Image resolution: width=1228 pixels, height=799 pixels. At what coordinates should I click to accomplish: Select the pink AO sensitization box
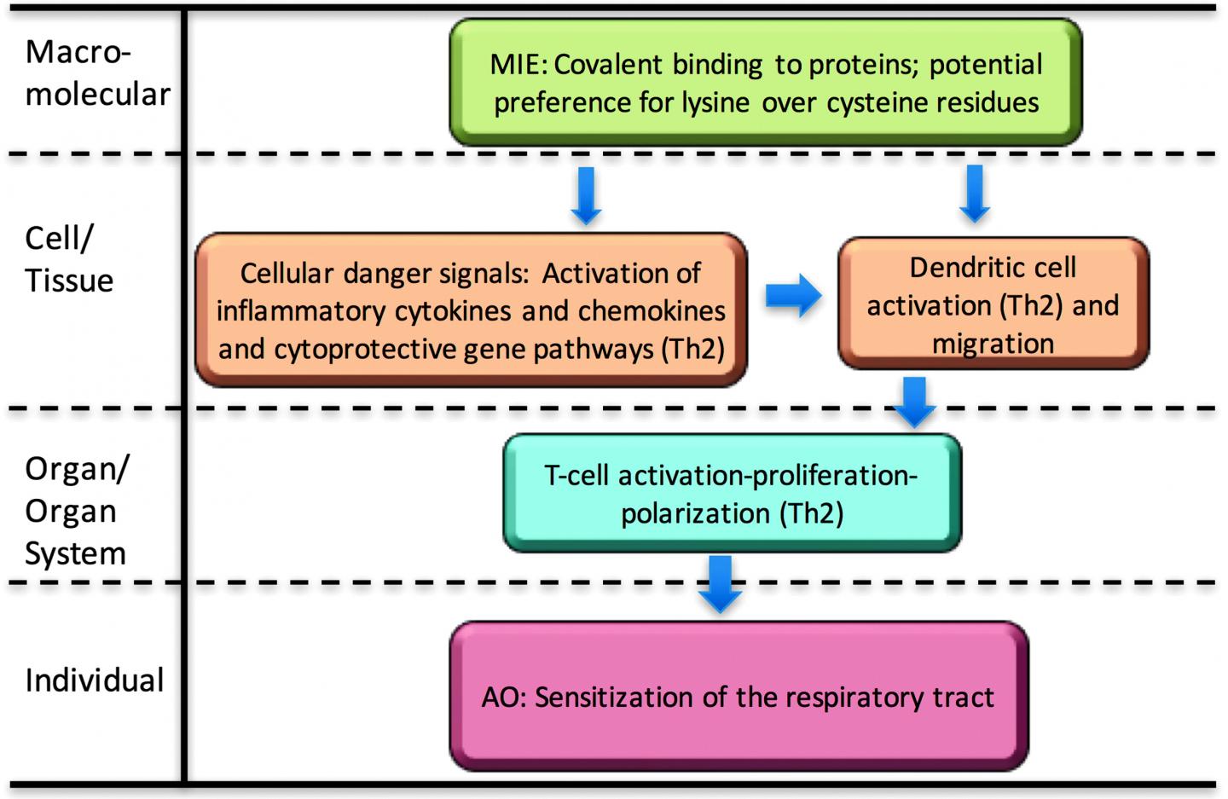click(x=738, y=697)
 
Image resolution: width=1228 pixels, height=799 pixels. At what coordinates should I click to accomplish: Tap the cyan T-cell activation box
click(x=732, y=493)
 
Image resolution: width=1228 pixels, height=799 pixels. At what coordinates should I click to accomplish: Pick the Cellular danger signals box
click(x=471, y=310)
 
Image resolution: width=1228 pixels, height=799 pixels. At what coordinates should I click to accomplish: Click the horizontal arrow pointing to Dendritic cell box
click(x=792, y=296)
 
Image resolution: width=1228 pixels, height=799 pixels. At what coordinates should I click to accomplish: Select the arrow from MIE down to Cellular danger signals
click(x=586, y=194)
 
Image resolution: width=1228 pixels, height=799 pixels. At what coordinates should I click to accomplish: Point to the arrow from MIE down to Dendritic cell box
click(x=975, y=193)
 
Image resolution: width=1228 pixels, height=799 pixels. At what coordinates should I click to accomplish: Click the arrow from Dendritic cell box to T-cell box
click(x=914, y=401)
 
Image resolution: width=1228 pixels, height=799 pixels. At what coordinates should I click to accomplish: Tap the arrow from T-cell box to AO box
click(x=721, y=582)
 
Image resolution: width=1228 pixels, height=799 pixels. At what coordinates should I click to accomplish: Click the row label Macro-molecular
click(x=96, y=73)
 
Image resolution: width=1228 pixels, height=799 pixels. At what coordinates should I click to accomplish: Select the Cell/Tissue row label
click(x=68, y=259)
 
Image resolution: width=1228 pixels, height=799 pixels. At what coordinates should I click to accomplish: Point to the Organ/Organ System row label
click(x=76, y=510)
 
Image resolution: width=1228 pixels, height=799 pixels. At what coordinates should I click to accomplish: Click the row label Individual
click(x=94, y=680)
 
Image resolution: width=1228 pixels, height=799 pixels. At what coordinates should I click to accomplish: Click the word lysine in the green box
click(x=715, y=102)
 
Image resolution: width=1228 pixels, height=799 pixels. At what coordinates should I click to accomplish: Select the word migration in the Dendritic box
click(x=993, y=344)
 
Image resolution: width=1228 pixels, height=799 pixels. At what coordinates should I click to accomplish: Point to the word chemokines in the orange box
click(x=652, y=310)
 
